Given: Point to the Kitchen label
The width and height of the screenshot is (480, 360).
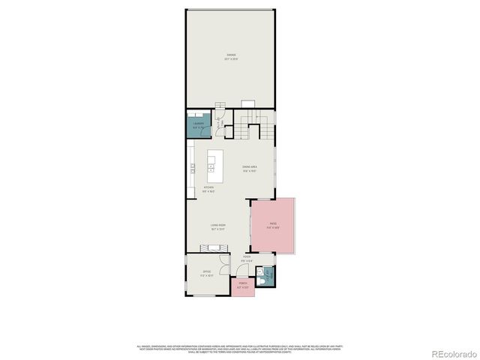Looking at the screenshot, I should (x=208, y=188).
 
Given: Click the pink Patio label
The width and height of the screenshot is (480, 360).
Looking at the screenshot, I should (x=272, y=224).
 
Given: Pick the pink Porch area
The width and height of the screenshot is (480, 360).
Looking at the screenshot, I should (x=242, y=286).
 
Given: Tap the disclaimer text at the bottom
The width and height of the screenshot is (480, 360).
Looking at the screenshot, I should (x=240, y=348).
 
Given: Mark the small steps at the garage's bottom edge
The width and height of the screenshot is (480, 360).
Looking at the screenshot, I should (x=220, y=104).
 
